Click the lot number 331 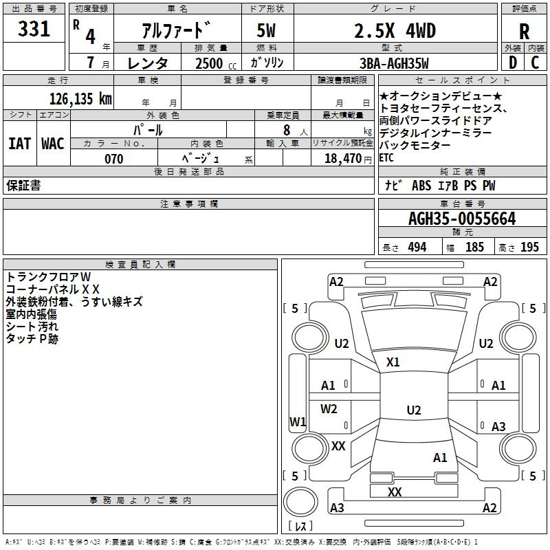(x=34, y=29)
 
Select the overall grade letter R (x=524, y=32)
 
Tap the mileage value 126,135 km (x=80, y=99)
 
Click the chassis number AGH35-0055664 (x=462, y=219)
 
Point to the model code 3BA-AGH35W (x=394, y=63)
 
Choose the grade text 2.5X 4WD (x=395, y=31)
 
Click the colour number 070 (x=114, y=159)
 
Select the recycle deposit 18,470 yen (x=348, y=159)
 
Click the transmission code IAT (x=20, y=144)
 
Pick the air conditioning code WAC (x=53, y=144)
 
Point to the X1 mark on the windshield (x=393, y=362)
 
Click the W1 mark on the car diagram (x=298, y=421)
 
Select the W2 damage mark (x=329, y=408)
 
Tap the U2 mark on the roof (x=414, y=410)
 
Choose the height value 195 (x=529, y=247)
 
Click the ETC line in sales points (x=386, y=158)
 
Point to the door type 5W (x=266, y=31)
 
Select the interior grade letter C (x=535, y=63)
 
